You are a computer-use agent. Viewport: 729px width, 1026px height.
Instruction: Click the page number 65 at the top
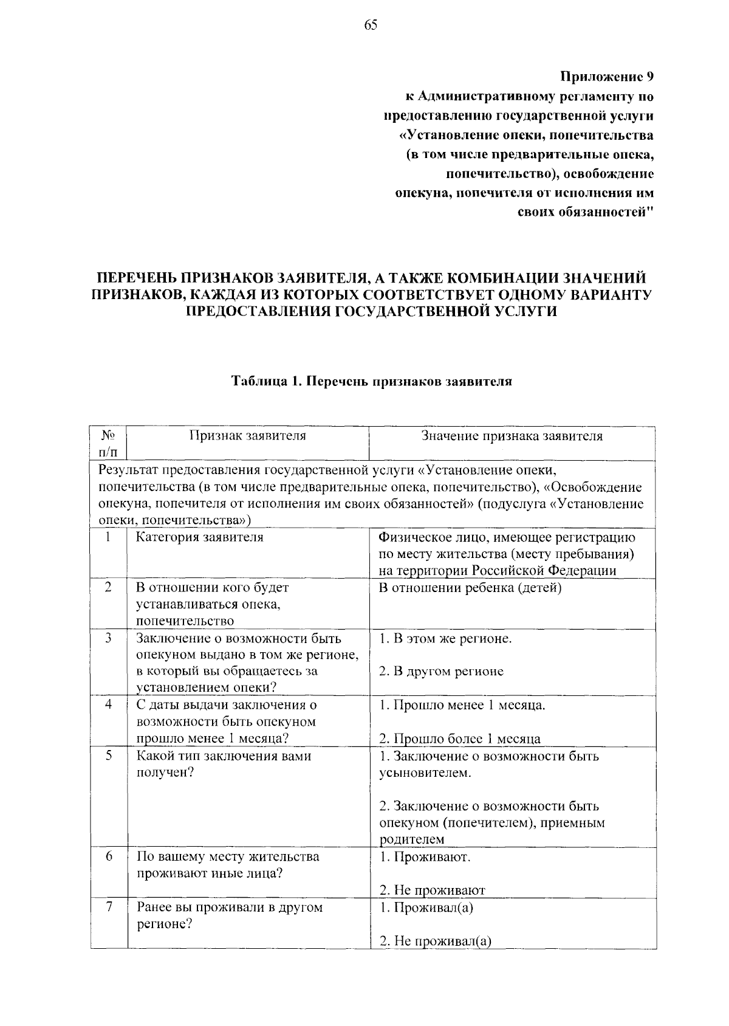(x=371, y=25)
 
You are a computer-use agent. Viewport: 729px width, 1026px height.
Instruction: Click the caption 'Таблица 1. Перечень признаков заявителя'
(x=372, y=382)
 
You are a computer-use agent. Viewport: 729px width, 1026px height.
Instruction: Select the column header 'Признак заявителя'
(x=247, y=436)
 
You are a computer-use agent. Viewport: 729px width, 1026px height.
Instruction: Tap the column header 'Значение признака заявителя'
(x=512, y=436)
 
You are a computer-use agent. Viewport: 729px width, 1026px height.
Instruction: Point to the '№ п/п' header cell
(x=109, y=444)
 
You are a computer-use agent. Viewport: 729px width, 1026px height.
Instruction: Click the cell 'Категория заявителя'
(x=200, y=537)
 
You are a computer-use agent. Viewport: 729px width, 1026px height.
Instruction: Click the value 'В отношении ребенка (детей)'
(x=470, y=588)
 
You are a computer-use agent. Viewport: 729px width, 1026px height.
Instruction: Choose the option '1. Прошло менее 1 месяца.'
(x=462, y=705)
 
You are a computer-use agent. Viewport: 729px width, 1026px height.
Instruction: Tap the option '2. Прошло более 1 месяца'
(x=460, y=739)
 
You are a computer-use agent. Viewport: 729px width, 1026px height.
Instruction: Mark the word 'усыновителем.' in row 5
(x=425, y=773)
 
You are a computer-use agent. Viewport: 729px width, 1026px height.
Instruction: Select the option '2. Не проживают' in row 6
(x=432, y=890)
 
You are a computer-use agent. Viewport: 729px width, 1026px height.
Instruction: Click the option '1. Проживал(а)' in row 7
(x=426, y=907)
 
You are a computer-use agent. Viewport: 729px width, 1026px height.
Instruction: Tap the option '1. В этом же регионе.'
(x=445, y=639)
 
